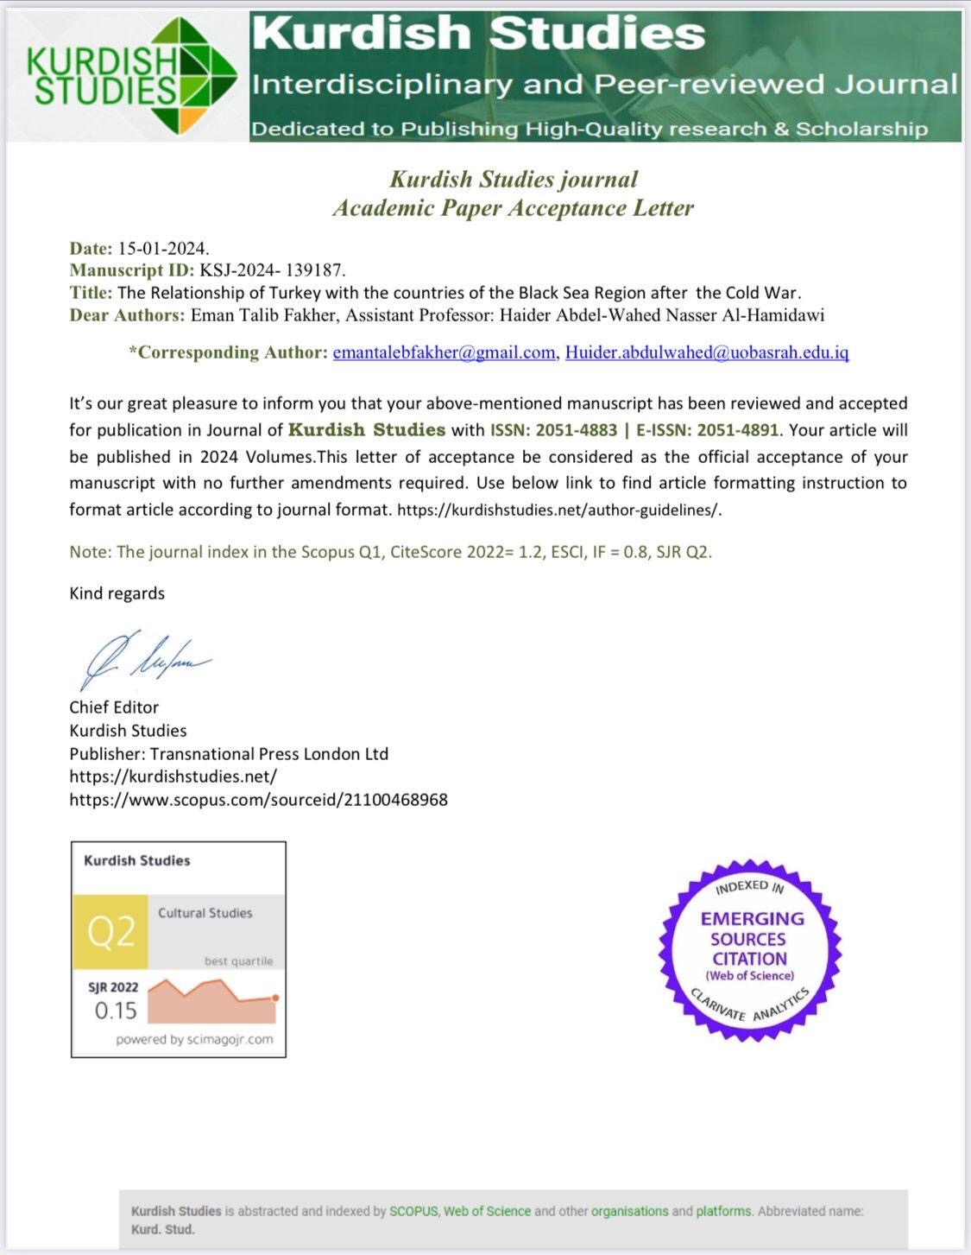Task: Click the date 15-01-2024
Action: [x=163, y=249]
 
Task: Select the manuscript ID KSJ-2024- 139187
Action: [x=273, y=270]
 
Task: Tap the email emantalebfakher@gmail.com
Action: [x=444, y=352]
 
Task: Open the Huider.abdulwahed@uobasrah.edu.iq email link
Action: [x=707, y=352]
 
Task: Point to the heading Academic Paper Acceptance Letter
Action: [x=513, y=208]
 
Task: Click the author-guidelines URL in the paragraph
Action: [x=558, y=510]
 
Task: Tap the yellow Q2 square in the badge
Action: [x=110, y=932]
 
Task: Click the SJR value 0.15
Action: [x=116, y=1010]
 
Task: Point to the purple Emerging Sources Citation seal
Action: [x=750, y=950]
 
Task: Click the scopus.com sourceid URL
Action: [x=258, y=800]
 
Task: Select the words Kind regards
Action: [x=117, y=593]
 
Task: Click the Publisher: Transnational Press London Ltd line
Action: [x=229, y=754]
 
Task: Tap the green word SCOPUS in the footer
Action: [x=414, y=1211]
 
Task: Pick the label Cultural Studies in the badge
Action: [x=205, y=913]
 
